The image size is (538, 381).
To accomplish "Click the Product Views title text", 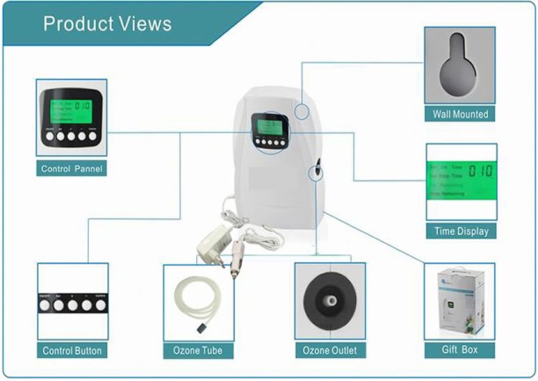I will coord(107,23).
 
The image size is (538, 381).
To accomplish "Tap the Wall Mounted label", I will coord(460,114).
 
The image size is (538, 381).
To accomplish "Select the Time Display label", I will coord(461,231).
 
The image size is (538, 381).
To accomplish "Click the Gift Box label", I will coord(460,350).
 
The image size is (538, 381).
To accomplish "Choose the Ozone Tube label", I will coord(198,351).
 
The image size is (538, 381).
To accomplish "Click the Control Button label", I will coord(72,351).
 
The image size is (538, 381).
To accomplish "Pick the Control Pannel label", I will coord(72,168).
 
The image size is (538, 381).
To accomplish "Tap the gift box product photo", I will coord(459,303).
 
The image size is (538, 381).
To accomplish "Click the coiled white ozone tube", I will coord(195,300).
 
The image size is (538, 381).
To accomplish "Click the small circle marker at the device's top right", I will coord(302,111).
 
